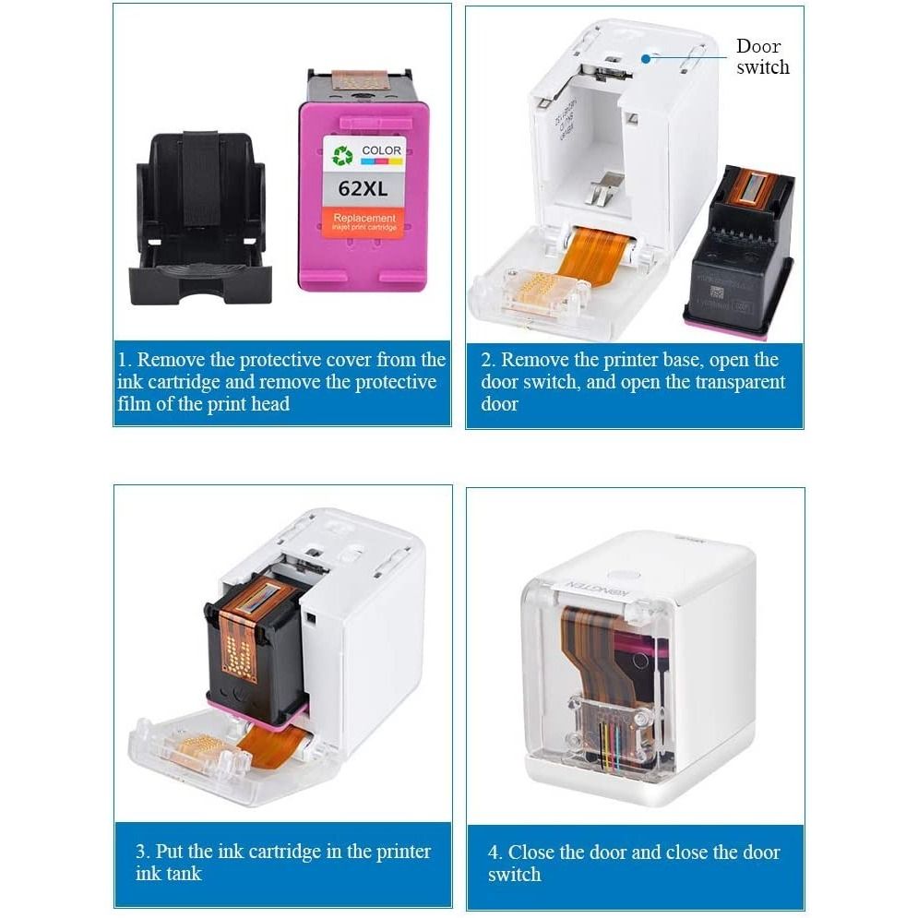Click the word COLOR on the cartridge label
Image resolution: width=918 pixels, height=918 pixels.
(x=381, y=150)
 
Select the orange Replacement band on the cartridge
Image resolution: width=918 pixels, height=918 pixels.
(x=364, y=221)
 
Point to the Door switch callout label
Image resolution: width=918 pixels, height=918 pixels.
(x=761, y=56)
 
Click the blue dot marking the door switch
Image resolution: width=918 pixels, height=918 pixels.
(x=647, y=56)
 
